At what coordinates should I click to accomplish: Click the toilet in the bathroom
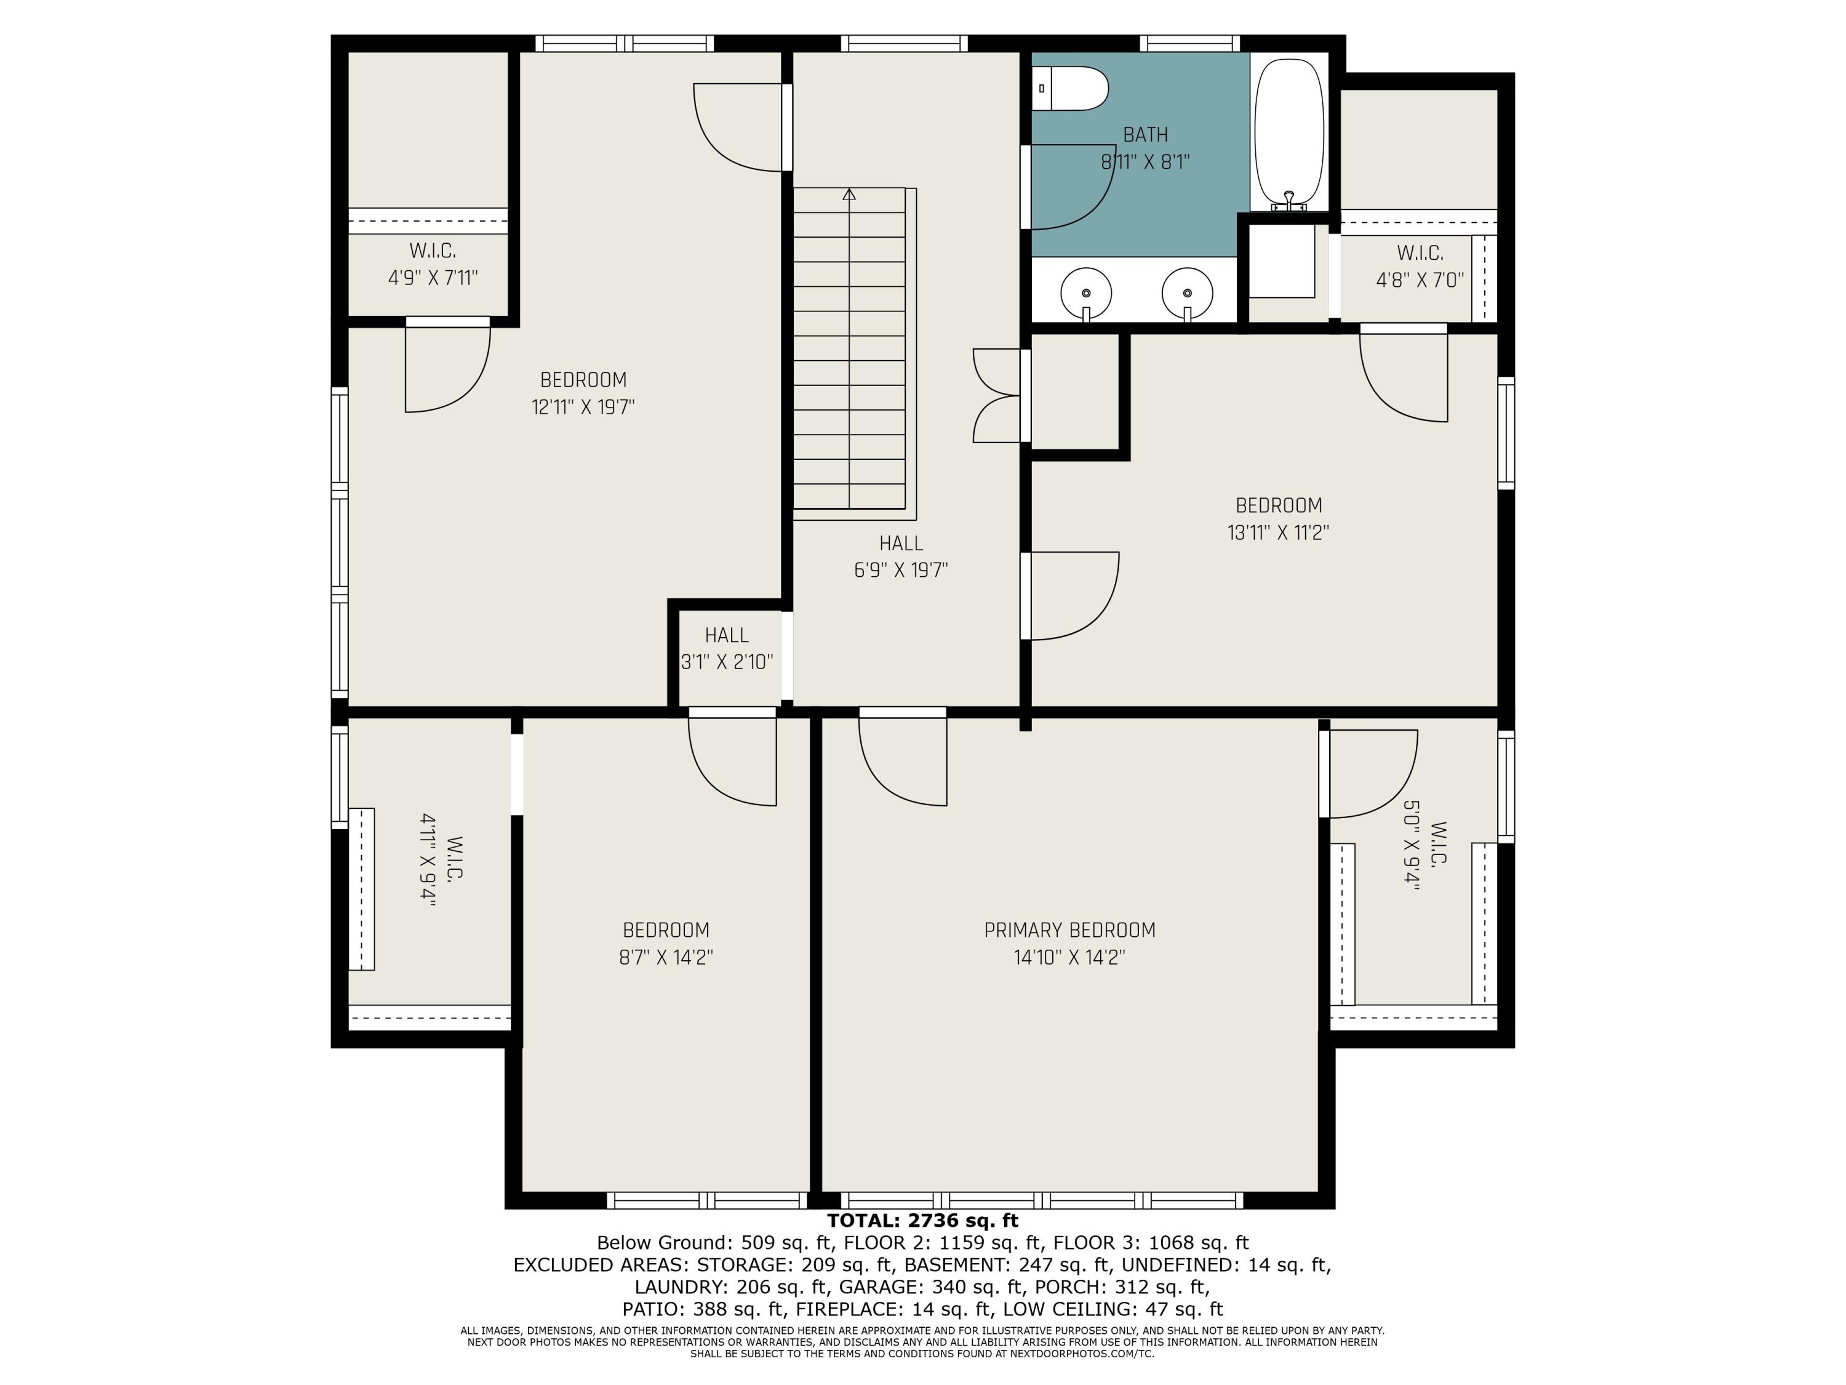coord(1070,89)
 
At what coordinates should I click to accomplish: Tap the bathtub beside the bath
coord(1289,133)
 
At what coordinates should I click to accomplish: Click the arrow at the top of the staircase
coord(850,195)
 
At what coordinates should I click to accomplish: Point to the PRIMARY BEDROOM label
coord(1070,930)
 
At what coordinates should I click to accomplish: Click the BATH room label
coord(1146,134)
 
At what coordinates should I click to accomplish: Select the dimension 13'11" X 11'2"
coord(1279,532)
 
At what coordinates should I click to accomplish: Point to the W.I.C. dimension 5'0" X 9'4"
coord(1411,846)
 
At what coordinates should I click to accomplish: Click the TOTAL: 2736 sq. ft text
coord(922,1221)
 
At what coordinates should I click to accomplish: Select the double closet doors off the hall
coord(997,396)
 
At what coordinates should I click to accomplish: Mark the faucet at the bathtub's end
coord(1289,200)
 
